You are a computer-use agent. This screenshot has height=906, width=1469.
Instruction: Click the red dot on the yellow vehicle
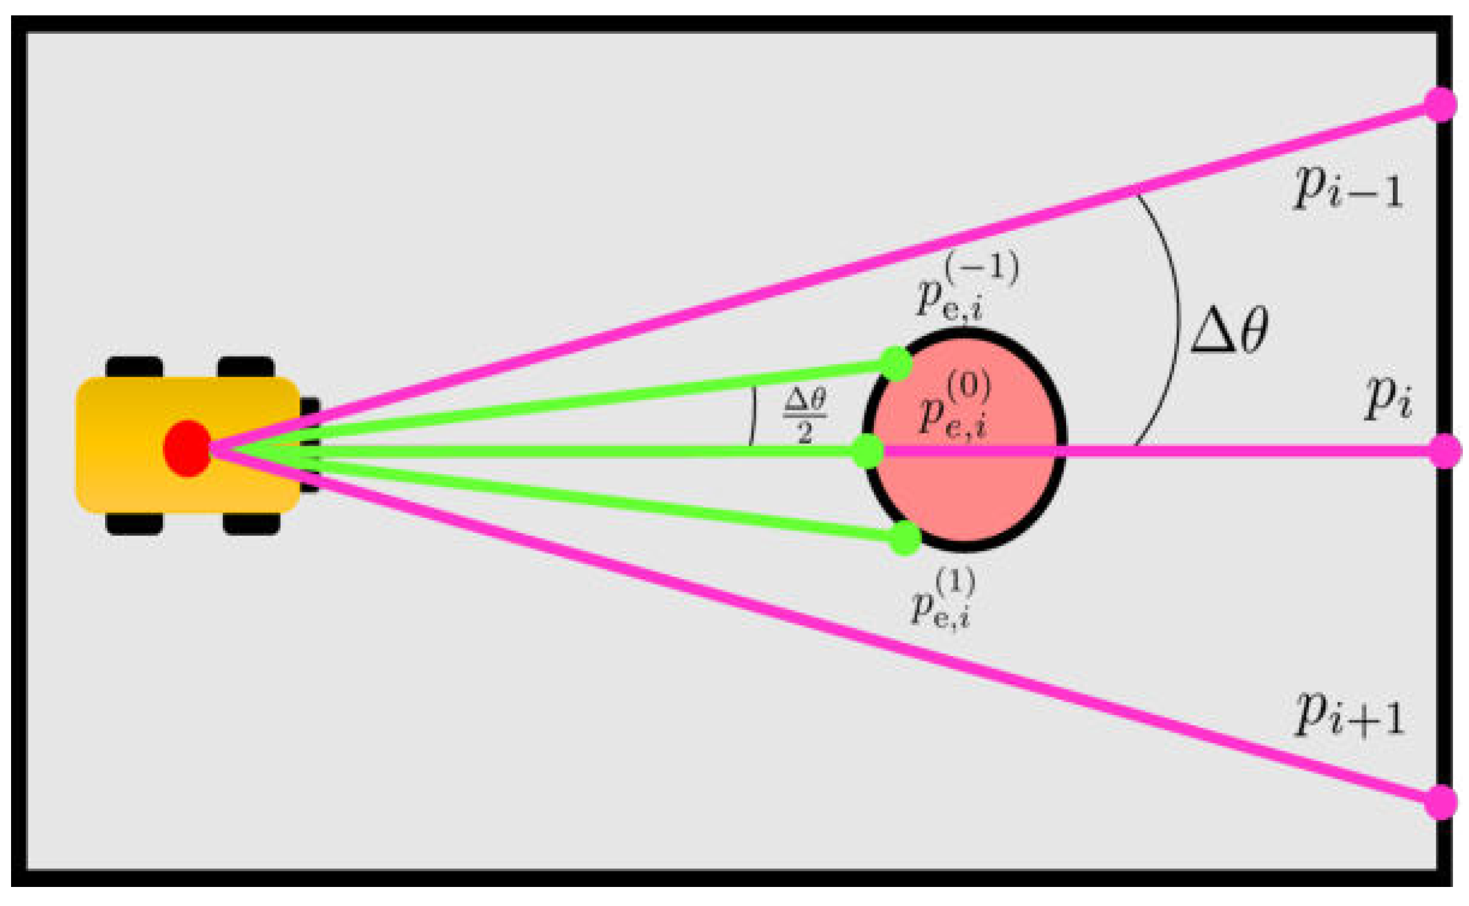pos(187,448)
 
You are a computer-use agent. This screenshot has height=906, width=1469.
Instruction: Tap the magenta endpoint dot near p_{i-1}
pos(1440,104)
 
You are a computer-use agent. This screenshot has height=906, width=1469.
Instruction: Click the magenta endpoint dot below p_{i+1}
pos(1440,802)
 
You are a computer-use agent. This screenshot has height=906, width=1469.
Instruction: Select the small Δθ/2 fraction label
pos(805,417)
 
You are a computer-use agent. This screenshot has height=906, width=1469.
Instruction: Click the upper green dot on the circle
pos(896,363)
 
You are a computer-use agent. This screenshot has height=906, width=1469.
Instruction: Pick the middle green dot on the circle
pos(868,451)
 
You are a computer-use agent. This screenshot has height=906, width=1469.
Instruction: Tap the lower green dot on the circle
pos(905,538)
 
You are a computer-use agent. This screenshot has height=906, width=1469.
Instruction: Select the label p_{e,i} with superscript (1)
pos(943,598)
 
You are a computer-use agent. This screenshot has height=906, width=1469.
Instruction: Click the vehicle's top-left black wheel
pos(134,367)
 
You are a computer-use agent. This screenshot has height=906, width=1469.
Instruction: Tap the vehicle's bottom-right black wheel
pos(251,525)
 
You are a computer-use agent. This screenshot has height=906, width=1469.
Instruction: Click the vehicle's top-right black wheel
pos(246,367)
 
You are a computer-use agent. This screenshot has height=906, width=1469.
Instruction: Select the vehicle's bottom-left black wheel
pos(134,525)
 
